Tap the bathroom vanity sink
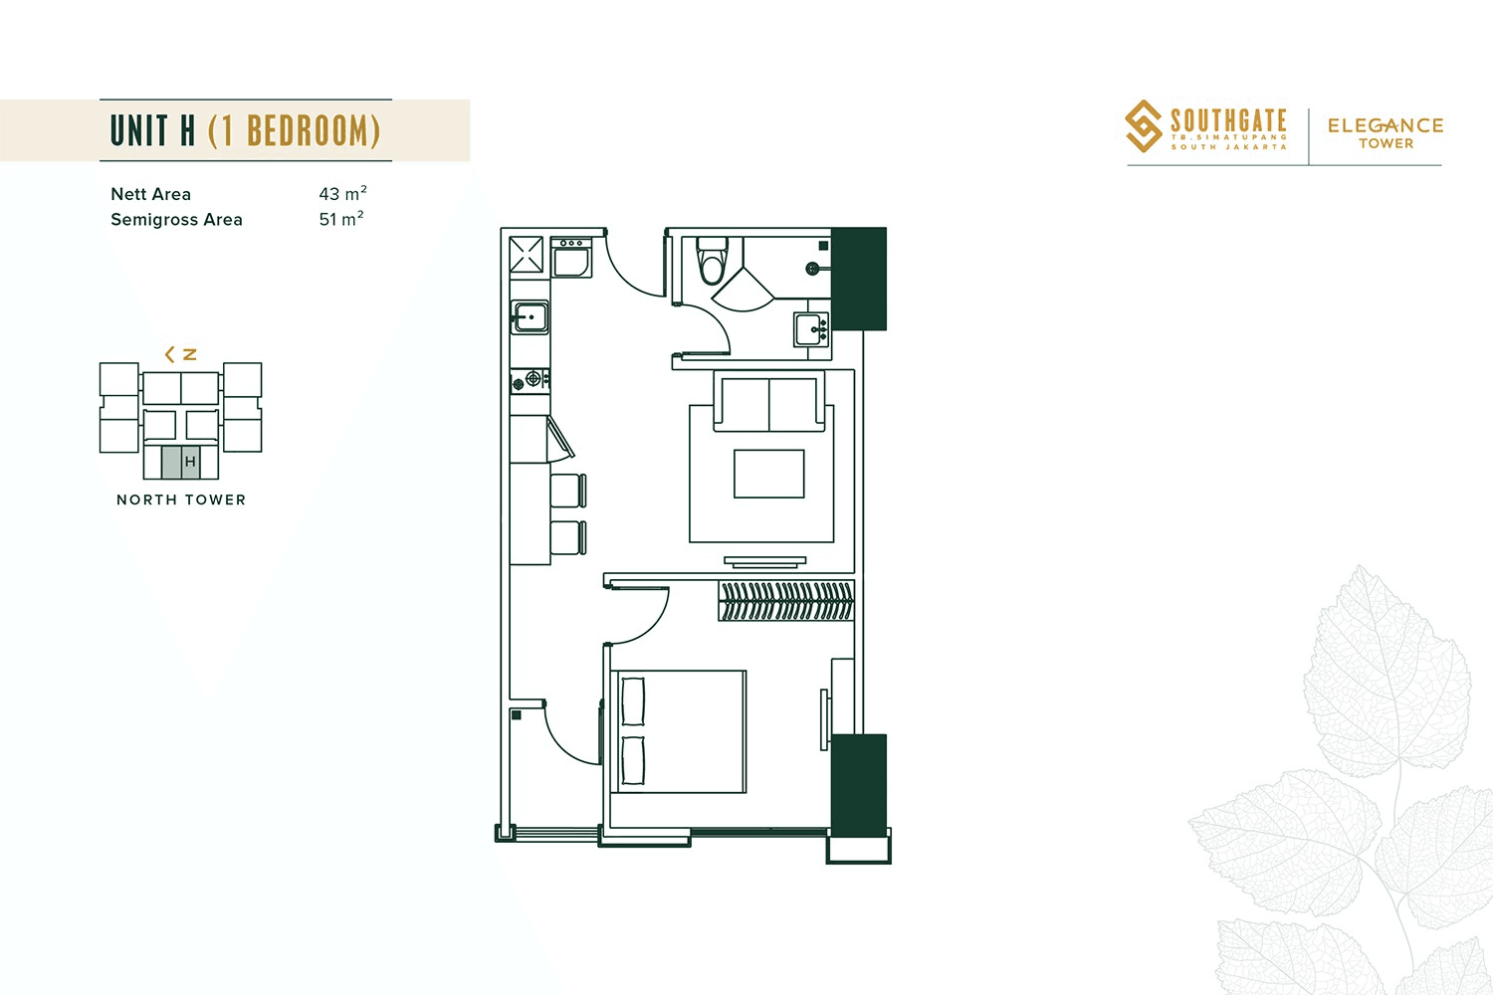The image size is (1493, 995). [811, 328]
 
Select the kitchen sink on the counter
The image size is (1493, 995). [530, 317]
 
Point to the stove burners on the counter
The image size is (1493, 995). [530, 379]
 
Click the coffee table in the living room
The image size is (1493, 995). [768, 474]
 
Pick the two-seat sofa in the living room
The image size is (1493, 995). [768, 402]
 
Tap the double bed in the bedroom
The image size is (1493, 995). [682, 731]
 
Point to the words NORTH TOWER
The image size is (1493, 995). [181, 499]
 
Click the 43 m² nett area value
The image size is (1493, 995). [342, 193]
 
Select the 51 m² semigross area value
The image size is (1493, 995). [340, 219]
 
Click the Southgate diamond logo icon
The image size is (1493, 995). [1144, 126]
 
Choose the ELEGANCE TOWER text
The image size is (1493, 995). [1386, 132]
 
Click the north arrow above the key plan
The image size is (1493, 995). [180, 354]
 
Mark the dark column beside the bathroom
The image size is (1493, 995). [858, 279]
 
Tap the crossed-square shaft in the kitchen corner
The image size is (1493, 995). [527, 255]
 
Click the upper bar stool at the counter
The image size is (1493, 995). [567, 491]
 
